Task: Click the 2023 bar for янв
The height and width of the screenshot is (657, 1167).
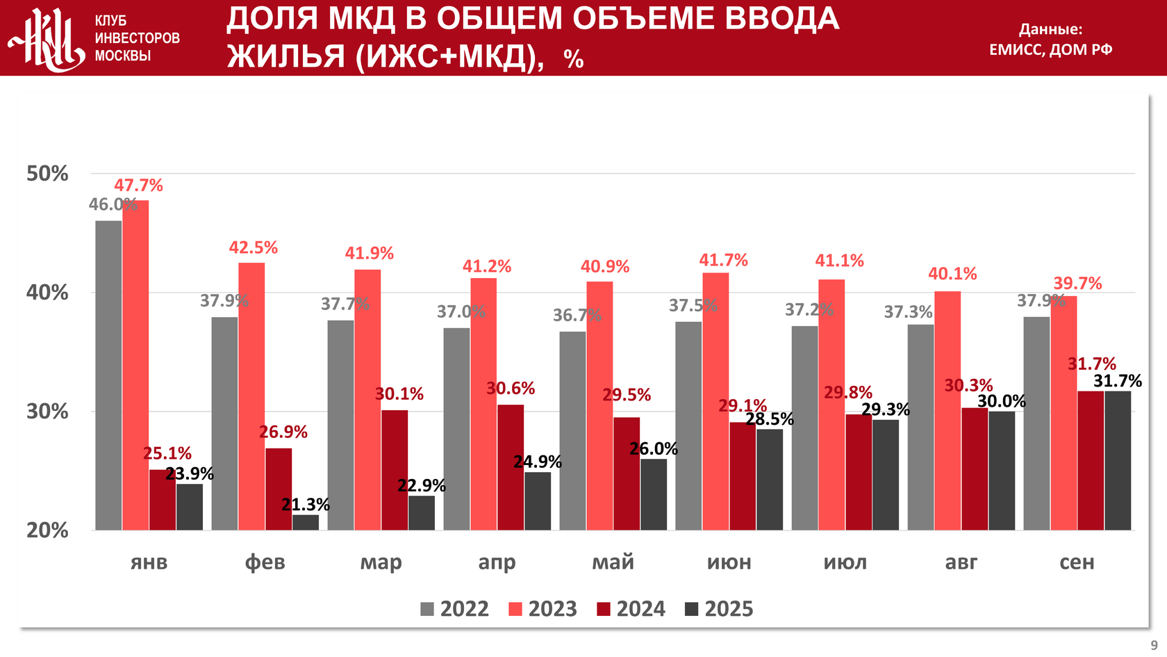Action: [x=135, y=365]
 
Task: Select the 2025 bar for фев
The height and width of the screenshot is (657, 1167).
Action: [x=306, y=523]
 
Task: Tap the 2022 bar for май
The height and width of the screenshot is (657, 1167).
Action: [x=572, y=431]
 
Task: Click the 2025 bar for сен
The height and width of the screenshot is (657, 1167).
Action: [x=1118, y=460]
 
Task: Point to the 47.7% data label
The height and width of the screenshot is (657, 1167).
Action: [x=138, y=186]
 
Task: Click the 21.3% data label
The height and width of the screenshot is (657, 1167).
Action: [x=306, y=505]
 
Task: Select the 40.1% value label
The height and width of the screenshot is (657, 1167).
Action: [x=952, y=274]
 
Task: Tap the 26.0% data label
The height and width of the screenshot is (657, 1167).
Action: [x=654, y=449]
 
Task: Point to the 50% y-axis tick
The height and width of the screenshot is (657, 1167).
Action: [x=47, y=174]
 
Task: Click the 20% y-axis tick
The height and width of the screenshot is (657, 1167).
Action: [x=47, y=530]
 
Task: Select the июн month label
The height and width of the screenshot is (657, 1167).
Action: [x=729, y=562]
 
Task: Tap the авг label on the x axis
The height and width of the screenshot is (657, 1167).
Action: [x=961, y=562]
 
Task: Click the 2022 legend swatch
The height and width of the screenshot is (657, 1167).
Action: [x=427, y=610]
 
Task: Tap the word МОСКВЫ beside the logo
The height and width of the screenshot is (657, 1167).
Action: [x=122, y=56]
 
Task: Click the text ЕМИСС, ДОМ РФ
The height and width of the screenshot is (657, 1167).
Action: [x=1050, y=49]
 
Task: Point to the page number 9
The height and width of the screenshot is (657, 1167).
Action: [x=1154, y=645]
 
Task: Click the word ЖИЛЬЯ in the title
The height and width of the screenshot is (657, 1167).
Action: [x=285, y=56]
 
